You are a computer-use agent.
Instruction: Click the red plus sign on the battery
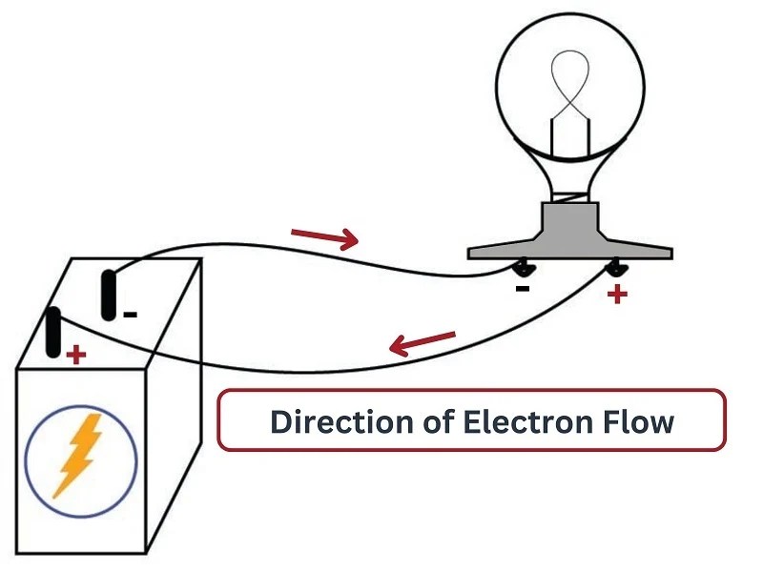[75, 356]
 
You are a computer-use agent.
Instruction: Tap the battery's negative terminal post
[109, 295]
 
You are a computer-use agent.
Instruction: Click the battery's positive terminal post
[53, 331]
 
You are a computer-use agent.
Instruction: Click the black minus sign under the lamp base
[522, 286]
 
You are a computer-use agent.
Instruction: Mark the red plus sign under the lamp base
[617, 294]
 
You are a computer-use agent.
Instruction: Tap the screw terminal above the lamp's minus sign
[524, 268]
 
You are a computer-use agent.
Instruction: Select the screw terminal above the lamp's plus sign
[615, 268]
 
